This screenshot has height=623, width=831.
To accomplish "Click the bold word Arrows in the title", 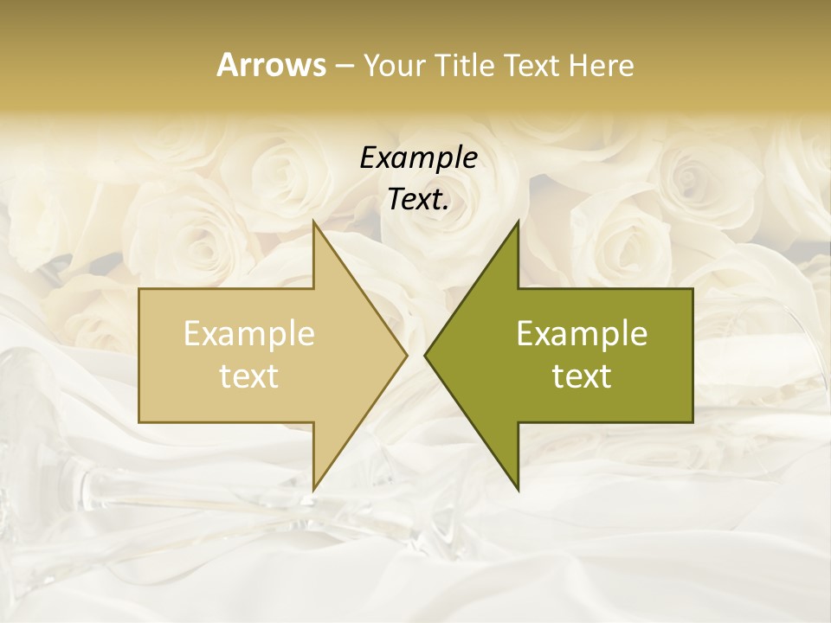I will (271, 65).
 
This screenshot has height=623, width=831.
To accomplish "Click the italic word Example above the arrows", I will (418, 157).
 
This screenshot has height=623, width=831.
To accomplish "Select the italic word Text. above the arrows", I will (418, 200).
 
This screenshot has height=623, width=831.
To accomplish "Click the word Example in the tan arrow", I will (249, 334).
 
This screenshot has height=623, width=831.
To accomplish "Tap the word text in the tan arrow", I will (249, 376).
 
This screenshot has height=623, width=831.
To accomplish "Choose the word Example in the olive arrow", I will (582, 334).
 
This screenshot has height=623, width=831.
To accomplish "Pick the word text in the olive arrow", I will (582, 376).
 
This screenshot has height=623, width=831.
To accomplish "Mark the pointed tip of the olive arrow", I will (426, 355).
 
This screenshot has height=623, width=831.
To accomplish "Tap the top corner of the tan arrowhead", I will (313, 222).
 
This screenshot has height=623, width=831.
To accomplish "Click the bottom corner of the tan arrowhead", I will (313, 489).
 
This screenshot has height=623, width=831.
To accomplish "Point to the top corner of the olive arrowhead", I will (518, 222).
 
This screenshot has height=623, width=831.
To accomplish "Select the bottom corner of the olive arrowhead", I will (518, 489).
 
